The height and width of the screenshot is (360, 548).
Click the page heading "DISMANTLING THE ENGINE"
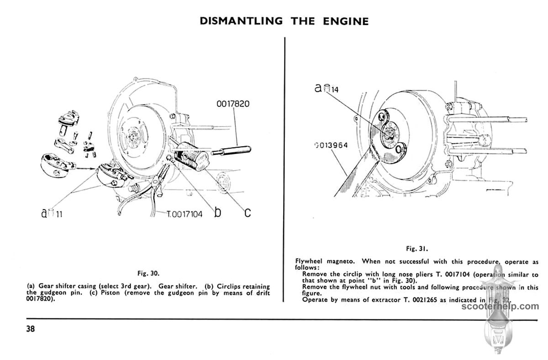(284, 21)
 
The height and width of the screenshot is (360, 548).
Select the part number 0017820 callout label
(233, 104)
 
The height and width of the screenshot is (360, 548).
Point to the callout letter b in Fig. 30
(218, 212)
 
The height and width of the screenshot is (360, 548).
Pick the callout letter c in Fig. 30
(247, 212)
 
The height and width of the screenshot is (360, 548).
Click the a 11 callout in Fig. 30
(52, 213)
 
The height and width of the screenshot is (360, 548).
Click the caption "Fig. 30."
(148, 274)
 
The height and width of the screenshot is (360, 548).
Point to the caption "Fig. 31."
(417, 249)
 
